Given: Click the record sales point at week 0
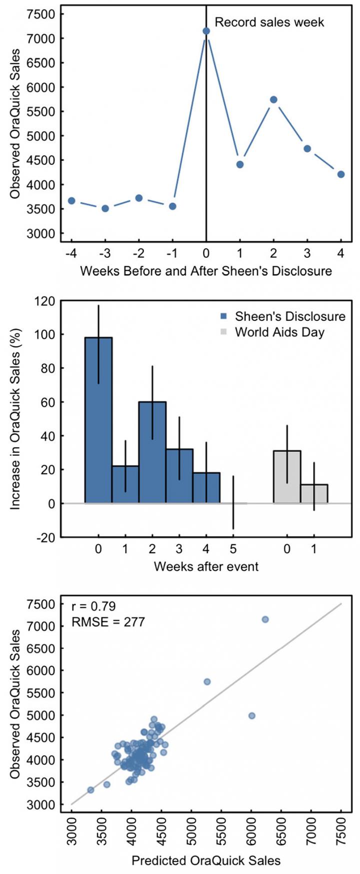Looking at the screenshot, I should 206,31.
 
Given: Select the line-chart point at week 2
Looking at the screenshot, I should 273,99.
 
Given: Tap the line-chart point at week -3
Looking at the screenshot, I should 105,208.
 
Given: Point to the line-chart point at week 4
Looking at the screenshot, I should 341,174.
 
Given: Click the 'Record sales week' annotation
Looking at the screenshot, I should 269,22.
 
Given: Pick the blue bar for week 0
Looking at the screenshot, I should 98,420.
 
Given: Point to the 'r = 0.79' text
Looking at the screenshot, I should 94,607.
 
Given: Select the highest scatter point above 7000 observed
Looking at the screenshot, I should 265,619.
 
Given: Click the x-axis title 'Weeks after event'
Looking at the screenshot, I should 206,567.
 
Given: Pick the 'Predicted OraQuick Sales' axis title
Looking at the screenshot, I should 206,861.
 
